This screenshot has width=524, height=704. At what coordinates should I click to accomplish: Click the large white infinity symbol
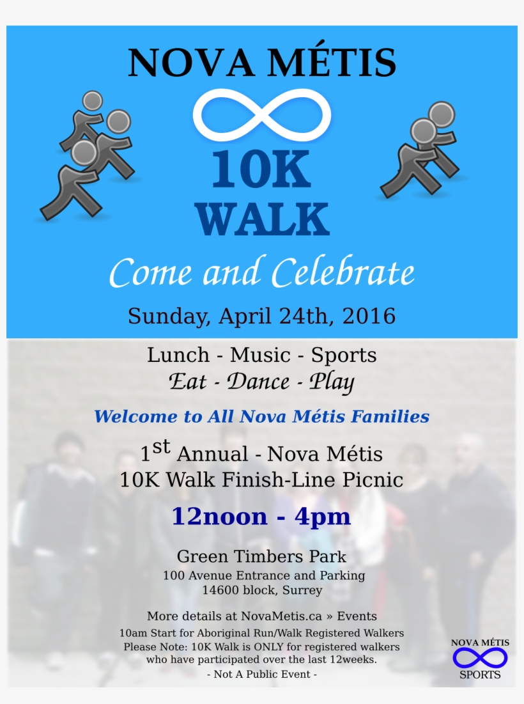[262, 115]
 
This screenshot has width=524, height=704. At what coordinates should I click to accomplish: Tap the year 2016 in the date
[369, 316]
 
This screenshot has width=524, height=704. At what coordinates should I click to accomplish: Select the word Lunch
[178, 355]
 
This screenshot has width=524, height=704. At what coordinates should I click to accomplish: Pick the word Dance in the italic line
[258, 382]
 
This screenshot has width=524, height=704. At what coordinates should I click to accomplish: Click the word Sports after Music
[344, 355]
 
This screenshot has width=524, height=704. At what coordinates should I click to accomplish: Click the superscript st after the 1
[162, 448]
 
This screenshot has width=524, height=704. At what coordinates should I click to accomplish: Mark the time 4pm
[323, 517]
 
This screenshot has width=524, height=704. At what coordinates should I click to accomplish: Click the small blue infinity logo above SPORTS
[480, 657]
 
